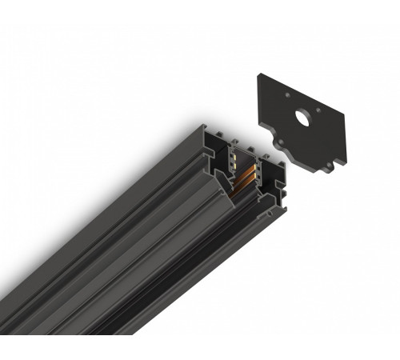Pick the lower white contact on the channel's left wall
tap(232, 164)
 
